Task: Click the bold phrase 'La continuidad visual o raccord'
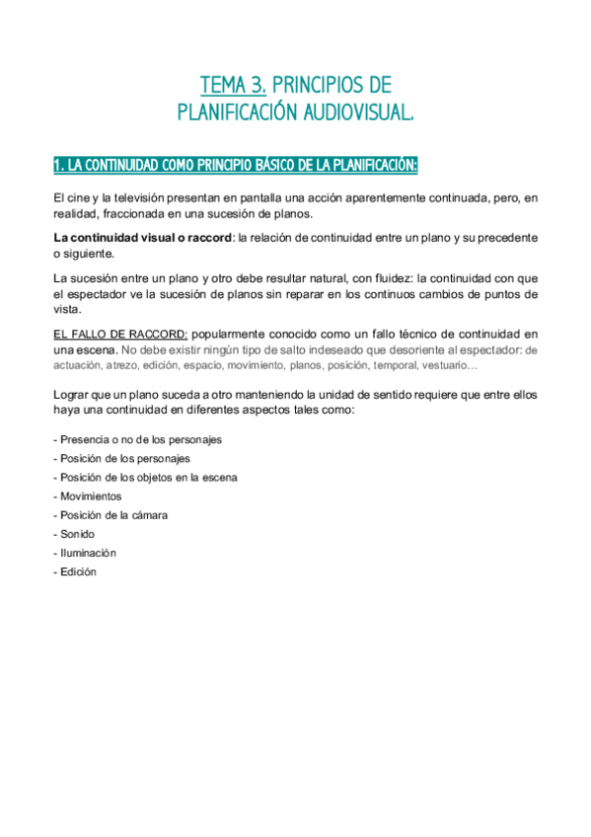[x=142, y=238]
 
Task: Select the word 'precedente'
[x=503, y=238]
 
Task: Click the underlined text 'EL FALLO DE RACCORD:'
[x=119, y=334]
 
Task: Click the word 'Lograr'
[x=72, y=395]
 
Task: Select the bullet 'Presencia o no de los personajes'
[x=138, y=439]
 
